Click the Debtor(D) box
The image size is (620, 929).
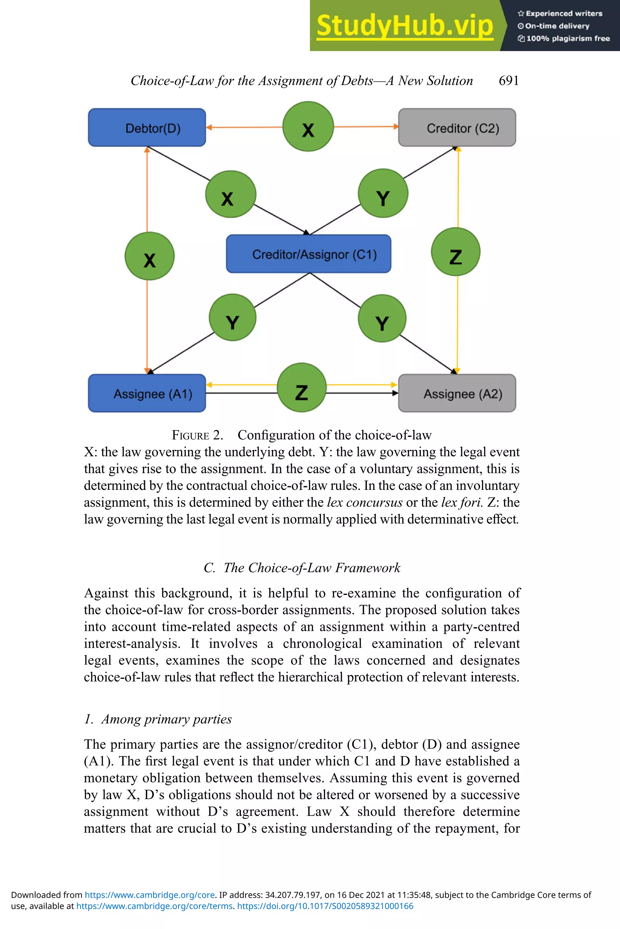(147, 128)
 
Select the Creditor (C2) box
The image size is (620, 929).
(457, 128)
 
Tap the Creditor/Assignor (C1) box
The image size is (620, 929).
(308, 254)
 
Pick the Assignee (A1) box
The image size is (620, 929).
(147, 393)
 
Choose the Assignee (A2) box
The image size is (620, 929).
(457, 393)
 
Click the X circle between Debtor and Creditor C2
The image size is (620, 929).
(308, 127)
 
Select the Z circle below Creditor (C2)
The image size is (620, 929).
(456, 252)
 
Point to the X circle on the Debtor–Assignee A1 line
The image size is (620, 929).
(150, 256)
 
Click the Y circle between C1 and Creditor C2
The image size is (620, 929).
(383, 194)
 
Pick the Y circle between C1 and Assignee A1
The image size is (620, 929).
(232, 318)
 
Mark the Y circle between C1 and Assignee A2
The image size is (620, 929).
(382, 319)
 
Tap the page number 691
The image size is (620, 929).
(509, 80)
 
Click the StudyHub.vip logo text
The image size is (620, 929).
(404, 26)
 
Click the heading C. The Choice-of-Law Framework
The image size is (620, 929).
(302, 568)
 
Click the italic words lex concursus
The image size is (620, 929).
(364, 502)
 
